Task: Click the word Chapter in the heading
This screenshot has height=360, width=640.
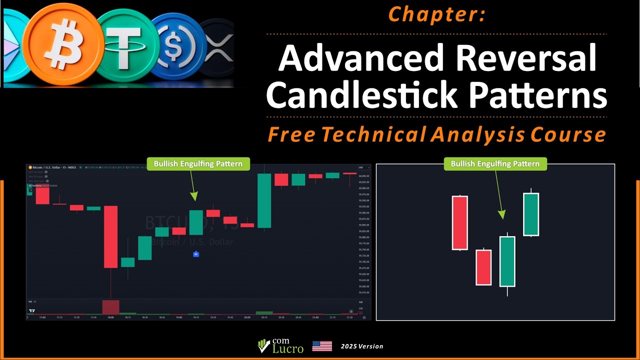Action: [x=436, y=14]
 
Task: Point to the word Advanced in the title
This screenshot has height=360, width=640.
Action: [x=361, y=58]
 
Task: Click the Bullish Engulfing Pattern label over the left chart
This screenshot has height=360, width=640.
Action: [x=198, y=164]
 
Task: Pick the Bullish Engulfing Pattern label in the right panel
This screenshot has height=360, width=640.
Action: [x=495, y=164]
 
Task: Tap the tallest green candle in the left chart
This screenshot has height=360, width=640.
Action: [x=264, y=200]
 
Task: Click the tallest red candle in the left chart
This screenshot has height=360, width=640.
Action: [x=110, y=236]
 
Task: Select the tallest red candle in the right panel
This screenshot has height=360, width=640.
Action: [x=459, y=222]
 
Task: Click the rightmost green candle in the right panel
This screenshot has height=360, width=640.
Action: [x=530, y=214]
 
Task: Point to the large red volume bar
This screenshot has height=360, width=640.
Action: [x=110, y=307]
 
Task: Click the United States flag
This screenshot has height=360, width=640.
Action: [x=322, y=346]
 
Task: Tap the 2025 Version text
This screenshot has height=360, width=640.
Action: [x=362, y=346]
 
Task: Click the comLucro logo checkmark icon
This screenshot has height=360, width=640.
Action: [x=263, y=346]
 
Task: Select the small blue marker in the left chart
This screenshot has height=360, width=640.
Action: [x=196, y=254]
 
